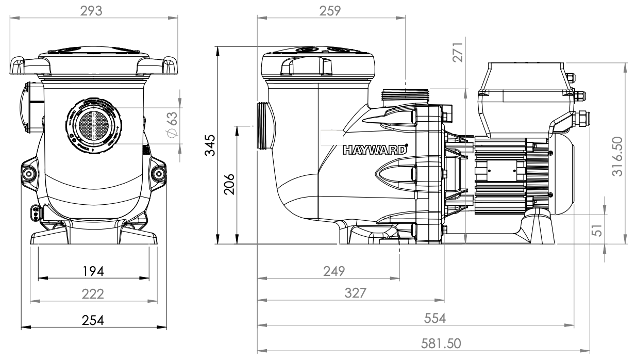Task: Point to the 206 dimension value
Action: [x=229, y=184]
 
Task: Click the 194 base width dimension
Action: [x=94, y=270]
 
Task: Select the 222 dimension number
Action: [x=94, y=293]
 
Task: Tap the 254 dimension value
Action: [x=94, y=320]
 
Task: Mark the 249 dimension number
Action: [x=335, y=271]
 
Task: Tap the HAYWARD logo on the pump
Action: [x=375, y=150]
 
